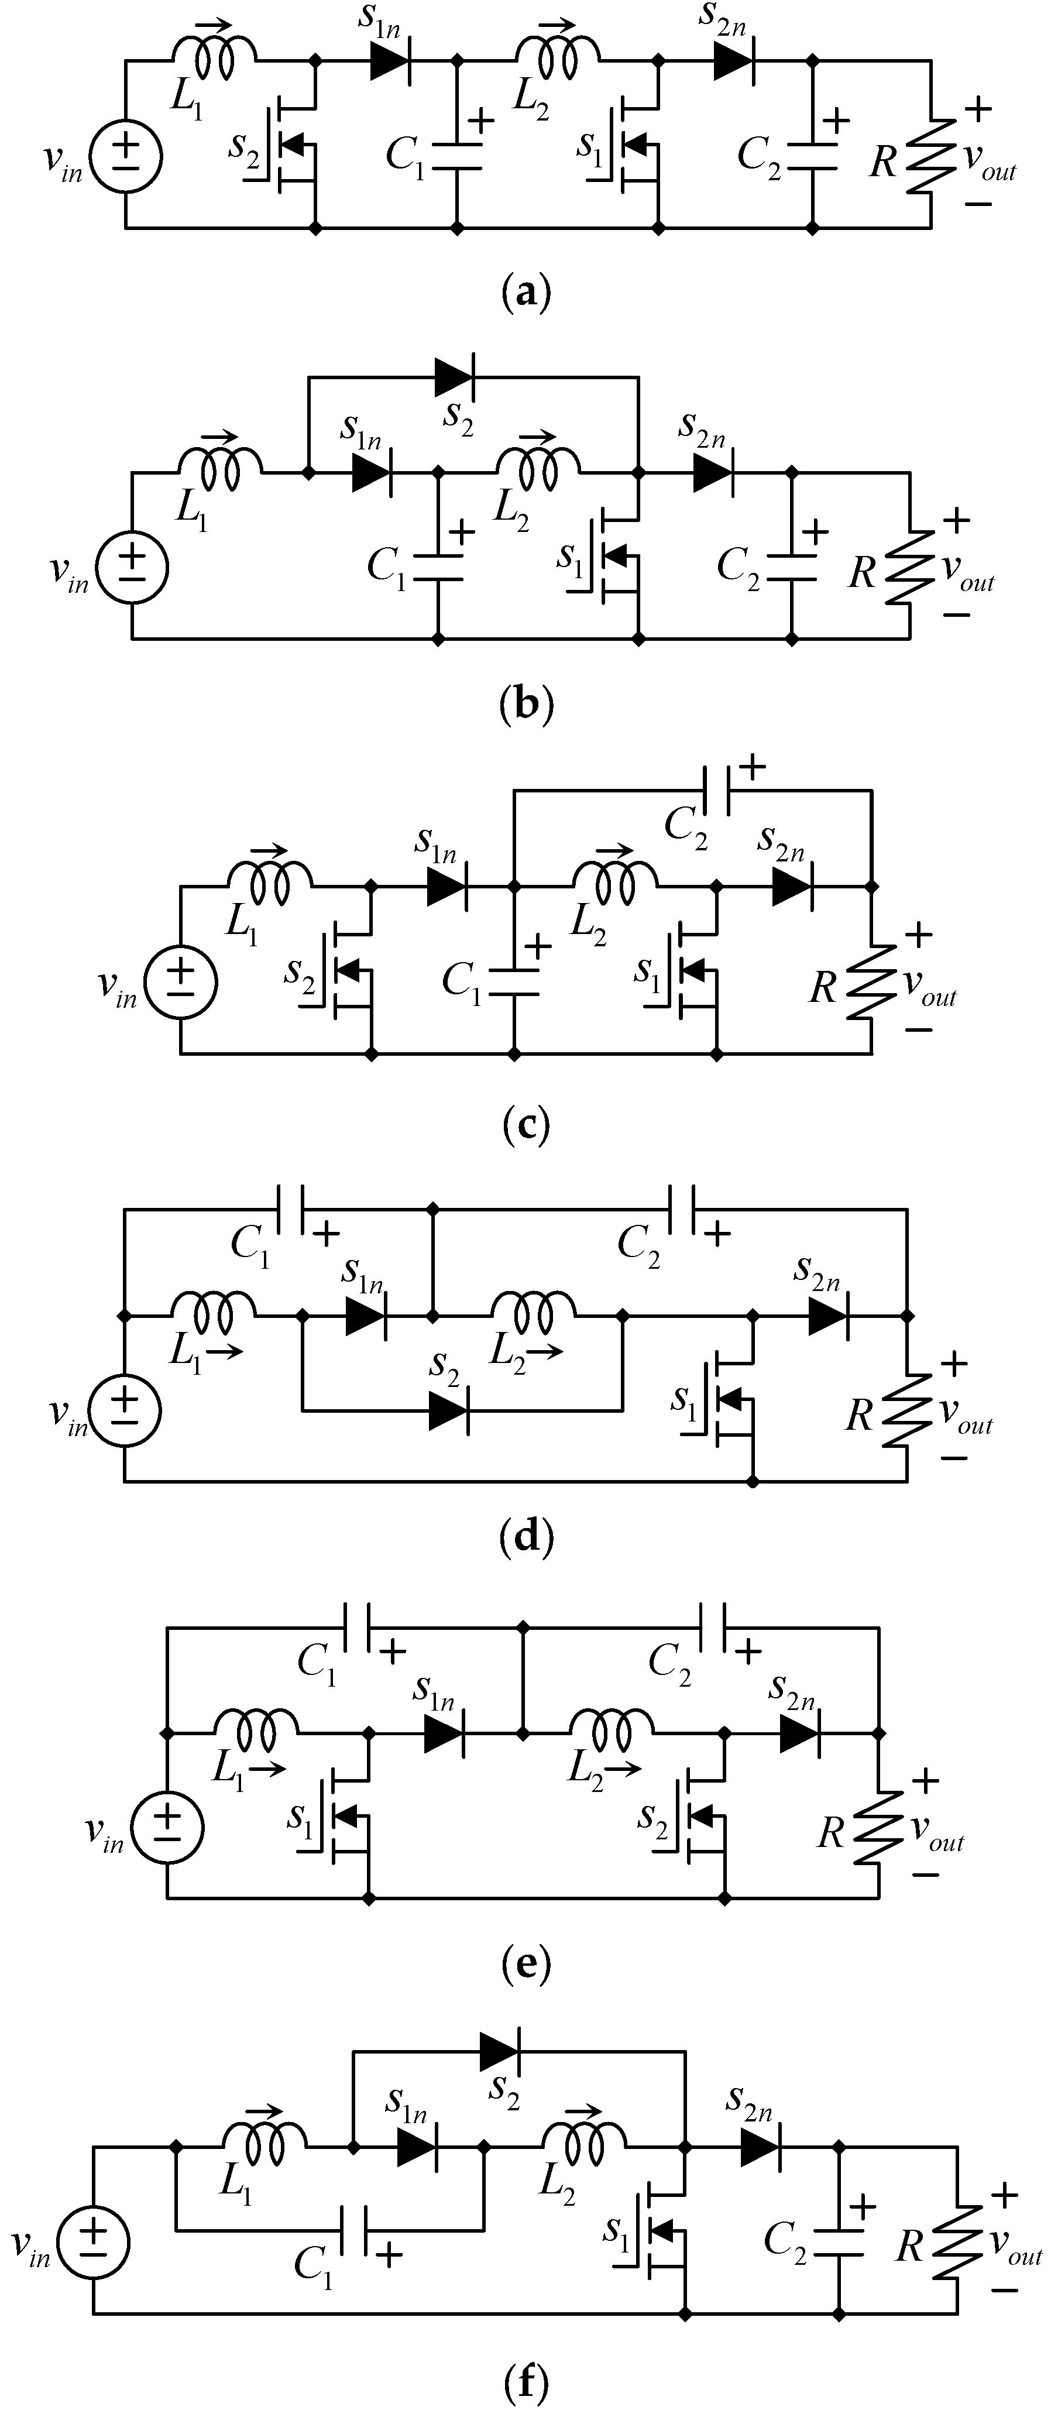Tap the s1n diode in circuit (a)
[389, 61]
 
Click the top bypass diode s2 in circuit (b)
[455, 377]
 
